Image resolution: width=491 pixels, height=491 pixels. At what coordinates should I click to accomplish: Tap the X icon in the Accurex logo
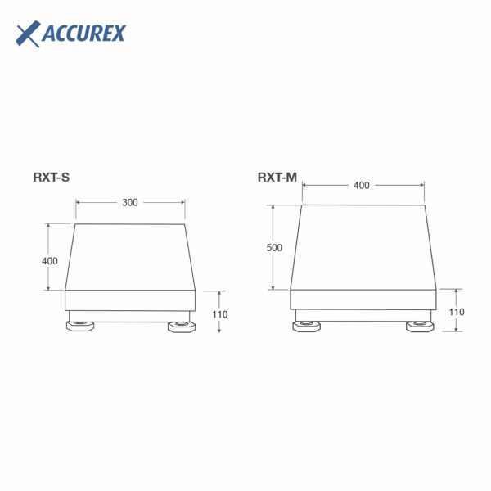pyautogui.click(x=29, y=34)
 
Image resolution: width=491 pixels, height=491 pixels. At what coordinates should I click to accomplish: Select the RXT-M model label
pyautogui.click(x=277, y=176)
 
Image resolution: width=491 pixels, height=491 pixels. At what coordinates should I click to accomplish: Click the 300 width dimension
pyautogui.click(x=130, y=202)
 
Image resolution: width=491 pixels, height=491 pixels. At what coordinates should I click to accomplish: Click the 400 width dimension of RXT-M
pyautogui.click(x=362, y=185)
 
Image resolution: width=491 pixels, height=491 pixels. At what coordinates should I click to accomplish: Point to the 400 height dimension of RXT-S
pyautogui.click(x=50, y=261)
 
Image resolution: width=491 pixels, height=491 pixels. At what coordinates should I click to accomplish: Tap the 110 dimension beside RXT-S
pyautogui.click(x=220, y=313)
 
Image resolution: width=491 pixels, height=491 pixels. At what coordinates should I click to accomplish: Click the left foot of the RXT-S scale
pyautogui.click(x=79, y=327)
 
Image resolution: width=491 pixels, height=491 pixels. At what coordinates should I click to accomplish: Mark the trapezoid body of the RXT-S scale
pyautogui.click(x=130, y=256)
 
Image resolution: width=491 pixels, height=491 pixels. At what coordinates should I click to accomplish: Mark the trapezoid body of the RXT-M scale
pyautogui.click(x=363, y=247)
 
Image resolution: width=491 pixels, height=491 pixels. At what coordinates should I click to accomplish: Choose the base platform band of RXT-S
pyautogui.click(x=130, y=300)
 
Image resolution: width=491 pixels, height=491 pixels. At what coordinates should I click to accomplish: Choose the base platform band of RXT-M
pyautogui.click(x=363, y=300)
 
